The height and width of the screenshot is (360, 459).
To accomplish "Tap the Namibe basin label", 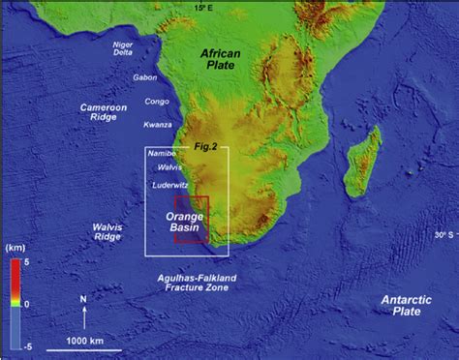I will pyautogui.click(x=162, y=153).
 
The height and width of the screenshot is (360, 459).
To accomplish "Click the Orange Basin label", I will pyautogui.click(x=185, y=222).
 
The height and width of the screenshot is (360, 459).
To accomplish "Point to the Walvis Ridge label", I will pyautogui.click(x=106, y=233).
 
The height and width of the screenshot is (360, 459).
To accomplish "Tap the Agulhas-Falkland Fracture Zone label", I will pyautogui.click(x=197, y=283).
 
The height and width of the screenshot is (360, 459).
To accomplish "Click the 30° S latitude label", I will pyautogui.click(x=444, y=234).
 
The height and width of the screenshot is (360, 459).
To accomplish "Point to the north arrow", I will pyautogui.click(x=85, y=312).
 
